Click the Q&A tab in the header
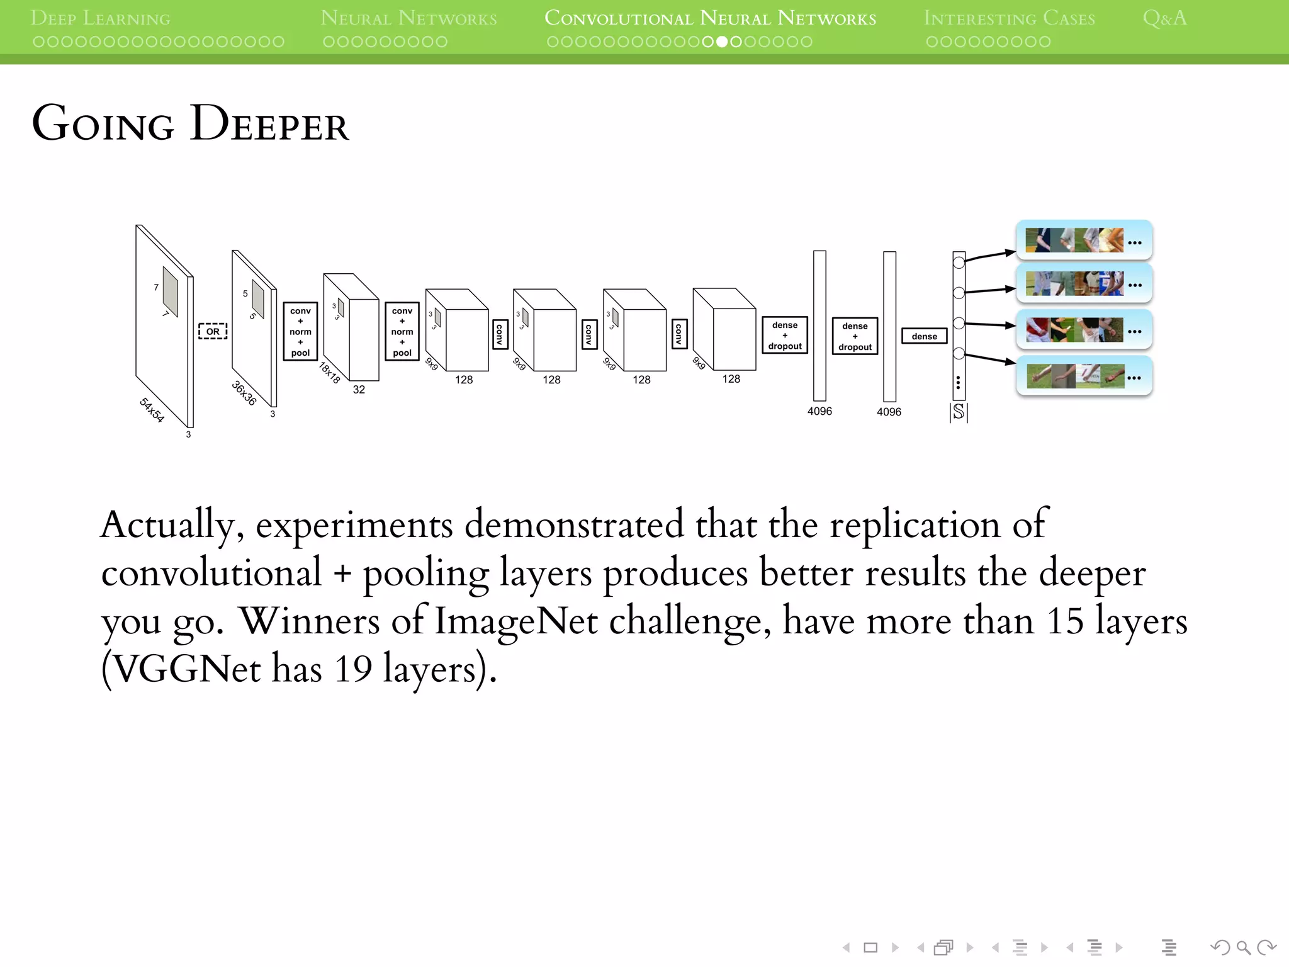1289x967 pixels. (x=1164, y=18)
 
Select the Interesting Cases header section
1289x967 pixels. (x=1009, y=18)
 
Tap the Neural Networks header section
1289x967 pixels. (x=408, y=18)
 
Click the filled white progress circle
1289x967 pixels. (x=722, y=42)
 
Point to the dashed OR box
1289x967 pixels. (x=213, y=331)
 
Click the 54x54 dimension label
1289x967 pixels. (x=152, y=410)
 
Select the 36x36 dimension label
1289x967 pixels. (x=244, y=393)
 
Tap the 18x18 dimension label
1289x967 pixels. (x=329, y=372)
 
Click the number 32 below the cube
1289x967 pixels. (x=359, y=390)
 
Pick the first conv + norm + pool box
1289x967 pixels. (x=300, y=332)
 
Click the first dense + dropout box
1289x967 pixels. (x=784, y=336)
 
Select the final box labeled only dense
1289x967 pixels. (x=924, y=336)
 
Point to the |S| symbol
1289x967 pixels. (x=958, y=412)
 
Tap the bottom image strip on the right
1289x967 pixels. (x=1084, y=376)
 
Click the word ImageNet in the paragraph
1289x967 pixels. (x=515, y=621)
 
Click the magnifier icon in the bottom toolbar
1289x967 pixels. (x=1242, y=947)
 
